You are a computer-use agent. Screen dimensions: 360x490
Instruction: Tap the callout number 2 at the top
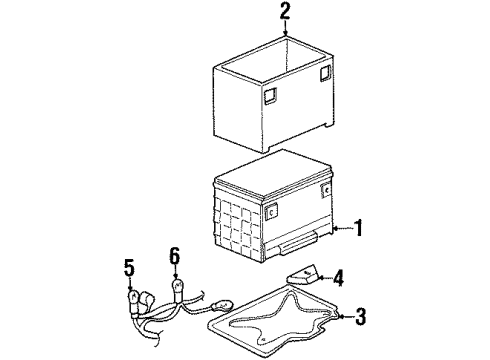click(x=286, y=12)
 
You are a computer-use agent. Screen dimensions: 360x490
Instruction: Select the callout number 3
click(x=360, y=317)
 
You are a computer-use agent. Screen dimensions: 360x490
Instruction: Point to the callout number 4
click(x=338, y=277)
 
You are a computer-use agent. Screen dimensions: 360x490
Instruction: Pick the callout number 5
click(x=129, y=268)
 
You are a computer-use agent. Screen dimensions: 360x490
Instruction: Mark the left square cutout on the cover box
click(x=269, y=95)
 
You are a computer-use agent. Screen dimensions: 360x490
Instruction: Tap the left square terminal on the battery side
click(x=271, y=211)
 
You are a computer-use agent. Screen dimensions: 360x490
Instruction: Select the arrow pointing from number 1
click(x=340, y=229)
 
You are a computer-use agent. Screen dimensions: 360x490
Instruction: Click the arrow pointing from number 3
click(x=343, y=317)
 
